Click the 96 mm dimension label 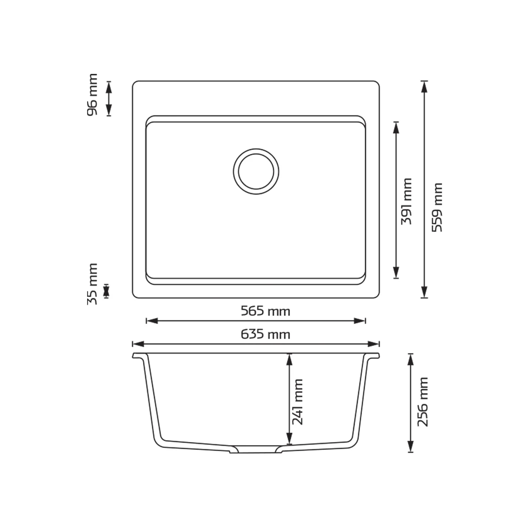point(92,95)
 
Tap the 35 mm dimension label point(92,284)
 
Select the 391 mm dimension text point(407,202)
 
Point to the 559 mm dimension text point(437,207)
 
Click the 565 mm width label point(265,311)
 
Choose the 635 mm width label point(265,334)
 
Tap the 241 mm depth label point(297,402)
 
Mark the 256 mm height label point(422,402)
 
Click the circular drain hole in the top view point(256,172)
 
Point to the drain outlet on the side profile point(256,450)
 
